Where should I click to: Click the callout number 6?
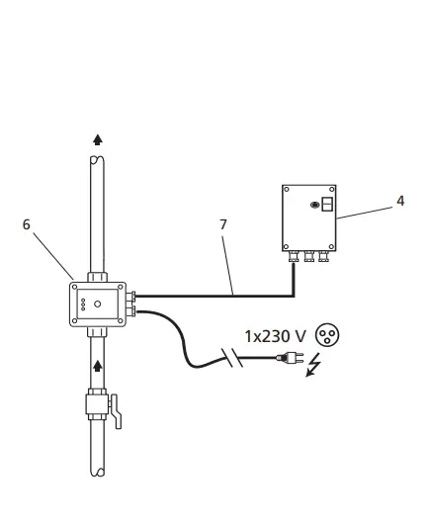click(x=27, y=224)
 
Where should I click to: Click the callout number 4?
click(x=399, y=201)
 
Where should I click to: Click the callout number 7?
click(x=223, y=224)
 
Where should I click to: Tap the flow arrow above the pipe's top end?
click(x=97, y=140)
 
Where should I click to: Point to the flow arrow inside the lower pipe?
click(x=97, y=365)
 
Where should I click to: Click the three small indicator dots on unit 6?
click(x=83, y=304)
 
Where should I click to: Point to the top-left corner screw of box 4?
click(x=286, y=188)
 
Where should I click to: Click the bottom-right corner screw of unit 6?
click(x=121, y=322)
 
